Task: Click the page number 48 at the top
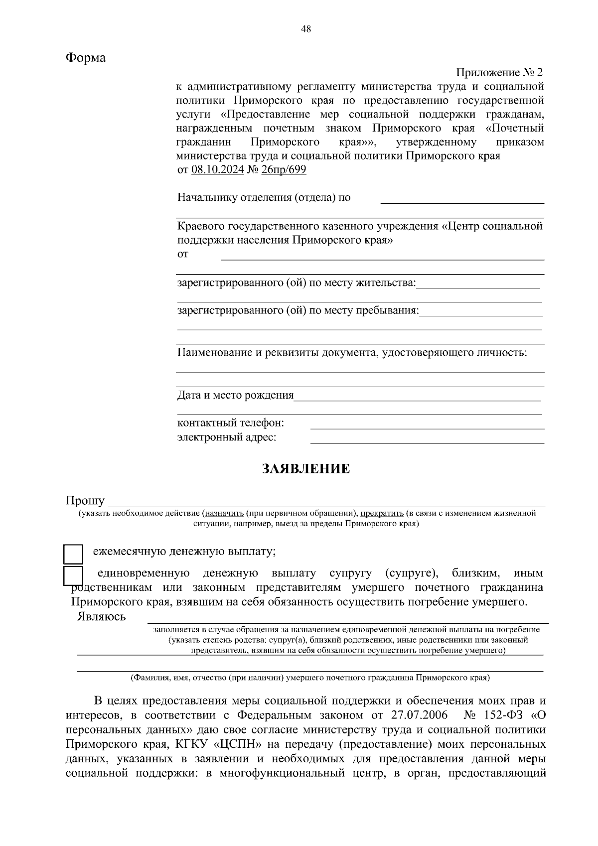point(306,29)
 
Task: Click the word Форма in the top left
point(86,58)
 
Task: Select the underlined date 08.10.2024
point(217,170)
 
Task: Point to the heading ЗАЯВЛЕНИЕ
point(306,469)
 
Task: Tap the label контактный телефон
point(231,423)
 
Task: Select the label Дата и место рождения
point(236,396)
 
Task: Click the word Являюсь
point(101,617)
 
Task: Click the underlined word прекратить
point(382,513)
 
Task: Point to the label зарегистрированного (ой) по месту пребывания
point(298,311)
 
